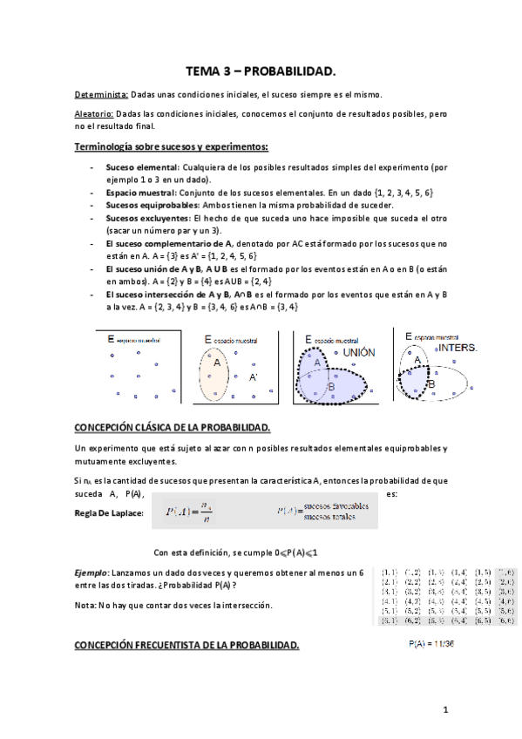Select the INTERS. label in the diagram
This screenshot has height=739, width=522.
(458, 347)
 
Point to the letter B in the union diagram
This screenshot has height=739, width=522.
(330, 386)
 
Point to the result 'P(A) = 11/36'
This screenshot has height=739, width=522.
(432, 644)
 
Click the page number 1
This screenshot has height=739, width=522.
(444, 710)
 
